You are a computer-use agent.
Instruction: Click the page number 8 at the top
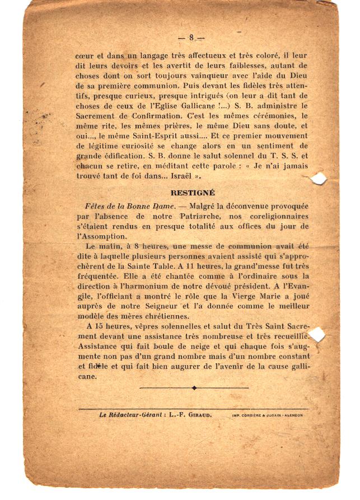(x=191, y=38)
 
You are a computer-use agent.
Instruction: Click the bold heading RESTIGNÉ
(x=193, y=193)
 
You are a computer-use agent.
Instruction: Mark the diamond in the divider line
(x=194, y=387)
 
